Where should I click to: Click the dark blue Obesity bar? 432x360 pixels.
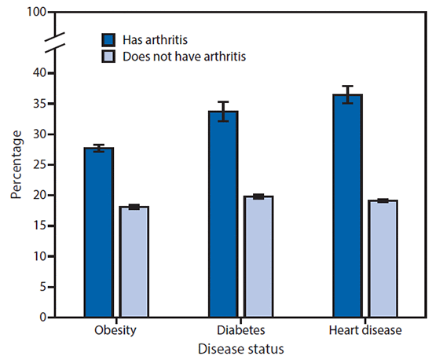pyautogui.click(x=98, y=233)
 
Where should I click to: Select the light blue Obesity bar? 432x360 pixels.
pyautogui.click(x=134, y=262)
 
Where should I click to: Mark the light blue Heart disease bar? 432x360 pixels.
pyautogui.click(x=383, y=259)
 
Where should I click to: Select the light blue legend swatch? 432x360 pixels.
pyautogui.click(x=109, y=56)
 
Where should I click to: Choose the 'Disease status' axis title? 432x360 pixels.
pyautogui.click(x=240, y=347)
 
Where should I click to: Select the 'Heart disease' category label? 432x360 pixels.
pyautogui.click(x=365, y=330)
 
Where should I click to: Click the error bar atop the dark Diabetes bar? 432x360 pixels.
pyautogui.click(x=223, y=111)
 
